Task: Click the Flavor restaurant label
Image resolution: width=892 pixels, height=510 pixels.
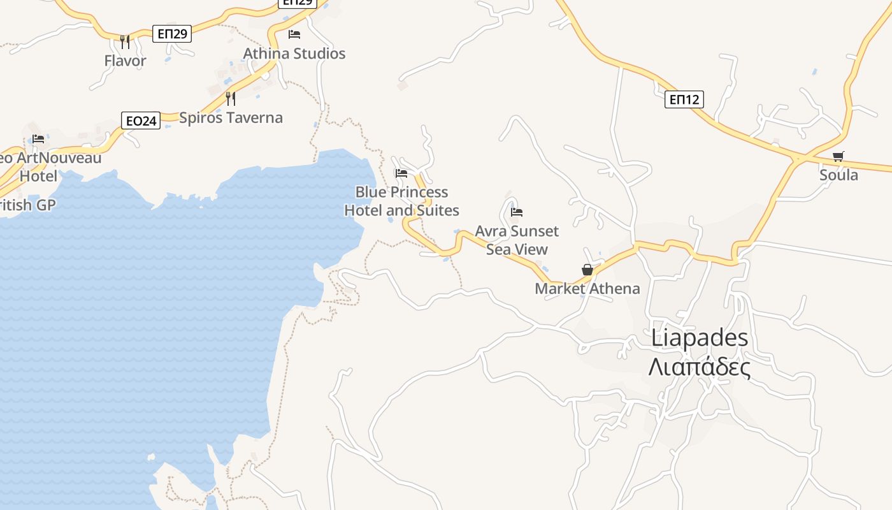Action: point(125,61)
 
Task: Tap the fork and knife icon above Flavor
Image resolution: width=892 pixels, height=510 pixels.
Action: point(125,42)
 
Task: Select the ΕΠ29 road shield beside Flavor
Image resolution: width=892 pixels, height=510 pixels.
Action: point(172,34)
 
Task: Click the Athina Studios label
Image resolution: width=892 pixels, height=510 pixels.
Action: point(294,54)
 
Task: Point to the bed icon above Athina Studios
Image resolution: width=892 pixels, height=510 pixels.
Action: point(294,34)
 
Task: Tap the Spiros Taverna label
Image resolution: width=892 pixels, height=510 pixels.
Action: point(231,117)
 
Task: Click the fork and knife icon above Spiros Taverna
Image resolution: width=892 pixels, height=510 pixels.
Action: point(231,99)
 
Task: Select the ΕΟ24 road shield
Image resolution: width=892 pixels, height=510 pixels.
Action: point(141,120)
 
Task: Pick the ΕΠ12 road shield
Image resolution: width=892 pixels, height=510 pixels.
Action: point(684,99)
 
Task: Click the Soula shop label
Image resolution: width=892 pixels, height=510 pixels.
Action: point(838,175)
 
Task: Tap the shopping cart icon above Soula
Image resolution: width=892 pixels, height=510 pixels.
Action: point(838,156)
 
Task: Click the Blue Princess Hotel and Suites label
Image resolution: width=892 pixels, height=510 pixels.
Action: point(401,201)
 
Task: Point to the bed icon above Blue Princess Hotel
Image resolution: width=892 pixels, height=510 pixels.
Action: point(401,173)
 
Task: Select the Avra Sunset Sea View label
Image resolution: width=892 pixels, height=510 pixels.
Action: point(517,240)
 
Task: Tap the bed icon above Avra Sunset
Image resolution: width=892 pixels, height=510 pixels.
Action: point(517,212)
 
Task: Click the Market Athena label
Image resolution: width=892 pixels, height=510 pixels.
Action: point(587,288)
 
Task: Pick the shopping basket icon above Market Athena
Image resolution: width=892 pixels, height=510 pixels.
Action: point(587,270)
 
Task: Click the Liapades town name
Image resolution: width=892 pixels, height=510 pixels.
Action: point(700,338)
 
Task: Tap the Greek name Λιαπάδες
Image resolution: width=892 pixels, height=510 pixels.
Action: point(700,367)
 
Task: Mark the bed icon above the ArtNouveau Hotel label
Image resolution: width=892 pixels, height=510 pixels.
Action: point(38,138)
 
